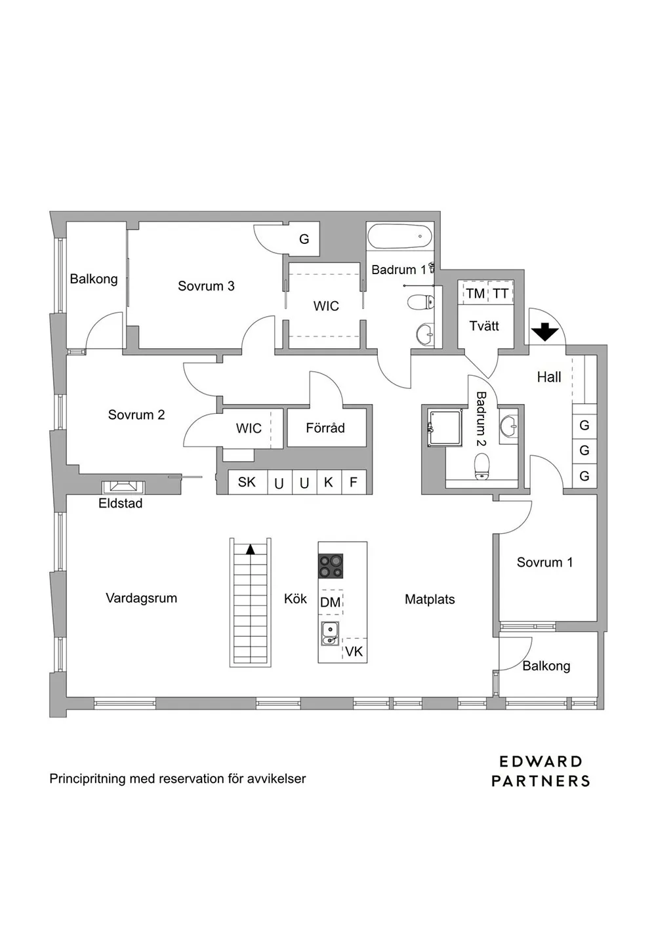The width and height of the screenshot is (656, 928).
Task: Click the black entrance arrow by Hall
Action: coord(545,332)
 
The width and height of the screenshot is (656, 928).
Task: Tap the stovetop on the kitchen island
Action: coord(330,566)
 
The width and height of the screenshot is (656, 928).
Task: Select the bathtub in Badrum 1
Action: coord(400,237)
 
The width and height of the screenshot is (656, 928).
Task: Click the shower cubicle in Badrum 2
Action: coord(445,428)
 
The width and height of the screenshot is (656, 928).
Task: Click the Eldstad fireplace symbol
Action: coord(123,487)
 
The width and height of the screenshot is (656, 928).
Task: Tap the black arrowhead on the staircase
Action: coord(251,550)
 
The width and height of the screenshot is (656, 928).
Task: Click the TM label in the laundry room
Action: coord(475,293)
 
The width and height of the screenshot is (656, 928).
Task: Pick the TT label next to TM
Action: coord(501,293)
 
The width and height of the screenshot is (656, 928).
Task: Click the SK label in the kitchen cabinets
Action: coord(247,482)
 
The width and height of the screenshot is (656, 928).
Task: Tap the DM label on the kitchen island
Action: coord(330,602)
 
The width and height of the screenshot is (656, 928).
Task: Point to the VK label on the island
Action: coord(354,652)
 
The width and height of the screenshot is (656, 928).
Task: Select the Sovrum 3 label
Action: coord(206,286)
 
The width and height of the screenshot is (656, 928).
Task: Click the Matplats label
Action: coord(430,599)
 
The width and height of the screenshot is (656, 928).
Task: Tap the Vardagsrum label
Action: coord(141,598)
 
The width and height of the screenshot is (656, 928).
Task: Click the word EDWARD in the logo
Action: coord(541,761)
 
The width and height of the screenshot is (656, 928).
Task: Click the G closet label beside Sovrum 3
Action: coord(304,239)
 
